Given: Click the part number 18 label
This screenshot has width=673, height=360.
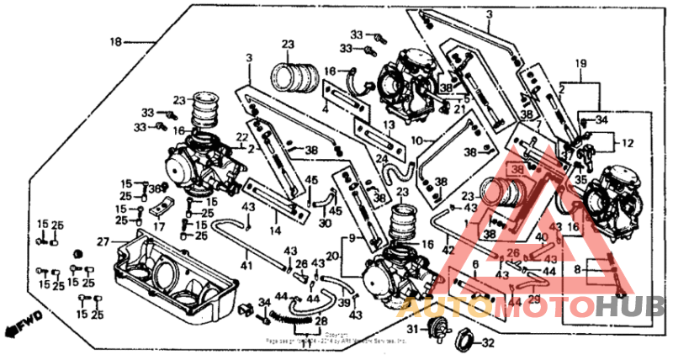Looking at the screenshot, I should tap(116, 41).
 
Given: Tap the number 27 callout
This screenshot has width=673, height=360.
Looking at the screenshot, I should tap(103, 241).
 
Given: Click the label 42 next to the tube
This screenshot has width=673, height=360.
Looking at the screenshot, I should tap(449, 249).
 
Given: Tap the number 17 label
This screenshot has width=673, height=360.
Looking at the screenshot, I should tap(159, 226).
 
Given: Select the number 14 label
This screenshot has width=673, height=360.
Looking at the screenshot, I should tap(275, 229).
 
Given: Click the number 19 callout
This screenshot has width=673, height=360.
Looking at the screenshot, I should tap(580, 64).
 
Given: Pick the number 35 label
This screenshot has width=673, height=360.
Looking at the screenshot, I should tap(580, 179).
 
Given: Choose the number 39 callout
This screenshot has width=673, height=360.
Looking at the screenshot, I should tap(343, 303).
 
